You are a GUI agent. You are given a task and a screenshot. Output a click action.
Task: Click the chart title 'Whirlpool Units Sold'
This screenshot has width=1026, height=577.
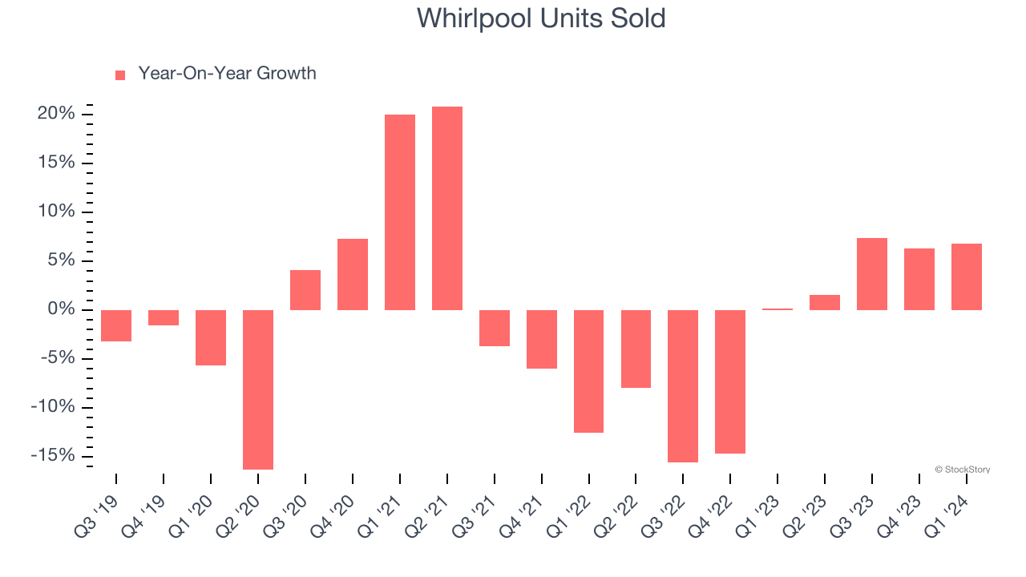[x=541, y=18]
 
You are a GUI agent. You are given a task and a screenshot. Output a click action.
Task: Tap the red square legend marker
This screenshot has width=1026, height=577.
[x=120, y=75]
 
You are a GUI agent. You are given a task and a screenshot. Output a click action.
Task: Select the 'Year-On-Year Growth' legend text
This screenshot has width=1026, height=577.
[x=227, y=74]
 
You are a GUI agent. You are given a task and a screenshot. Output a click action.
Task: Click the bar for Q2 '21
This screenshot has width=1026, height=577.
[x=447, y=208]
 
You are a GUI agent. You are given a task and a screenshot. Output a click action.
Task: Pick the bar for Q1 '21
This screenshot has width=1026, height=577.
[x=400, y=212]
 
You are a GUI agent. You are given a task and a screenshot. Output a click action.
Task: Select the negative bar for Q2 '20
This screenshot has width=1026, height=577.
[x=258, y=389]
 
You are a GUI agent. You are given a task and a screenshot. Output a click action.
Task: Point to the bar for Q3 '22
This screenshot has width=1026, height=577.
[x=683, y=386]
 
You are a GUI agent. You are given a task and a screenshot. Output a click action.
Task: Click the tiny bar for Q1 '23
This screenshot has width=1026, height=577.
[x=778, y=309]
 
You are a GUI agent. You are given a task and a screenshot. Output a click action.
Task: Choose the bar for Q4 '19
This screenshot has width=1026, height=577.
[x=164, y=317]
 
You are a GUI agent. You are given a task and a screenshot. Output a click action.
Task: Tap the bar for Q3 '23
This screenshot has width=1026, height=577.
[x=872, y=274]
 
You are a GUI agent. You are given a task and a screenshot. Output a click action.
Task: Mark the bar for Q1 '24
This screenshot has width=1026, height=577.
[x=967, y=276]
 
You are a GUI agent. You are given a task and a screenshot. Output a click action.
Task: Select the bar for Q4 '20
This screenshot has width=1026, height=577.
[x=353, y=274]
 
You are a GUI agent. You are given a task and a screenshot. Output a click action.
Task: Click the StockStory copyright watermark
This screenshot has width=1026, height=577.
[x=962, y=470]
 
